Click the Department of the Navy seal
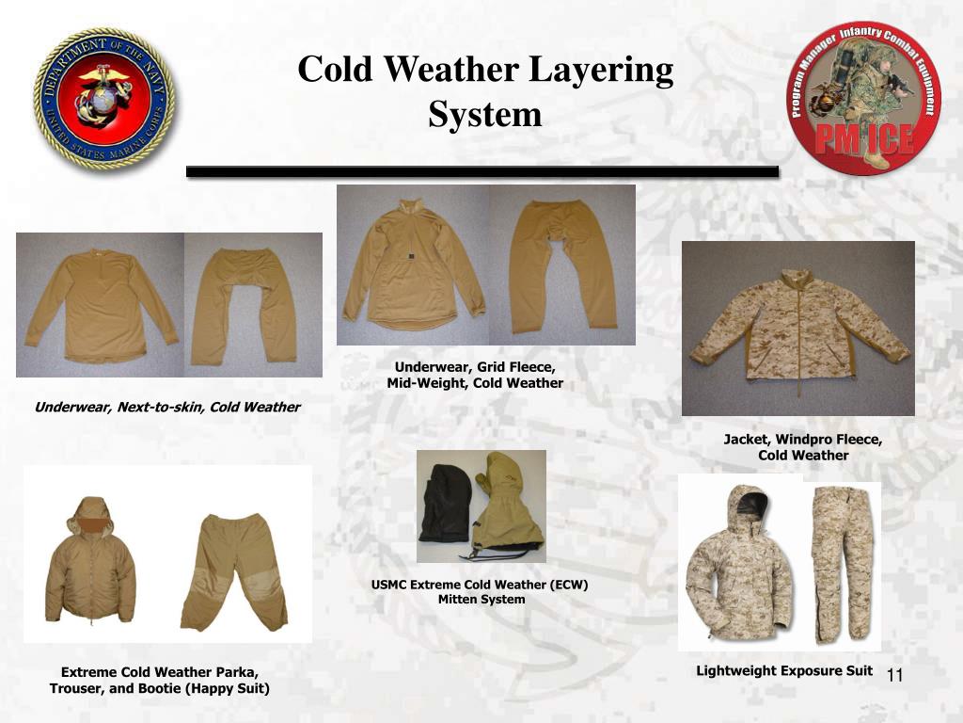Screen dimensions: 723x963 104,99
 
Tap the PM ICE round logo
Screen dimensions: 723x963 863,98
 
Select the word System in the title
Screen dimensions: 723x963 485,114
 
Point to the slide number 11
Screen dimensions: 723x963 894,675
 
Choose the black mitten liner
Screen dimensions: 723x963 445,504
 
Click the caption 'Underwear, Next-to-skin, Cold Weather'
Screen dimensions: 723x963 167,407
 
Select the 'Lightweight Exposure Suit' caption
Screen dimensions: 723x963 784,670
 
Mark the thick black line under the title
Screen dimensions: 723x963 482,171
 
